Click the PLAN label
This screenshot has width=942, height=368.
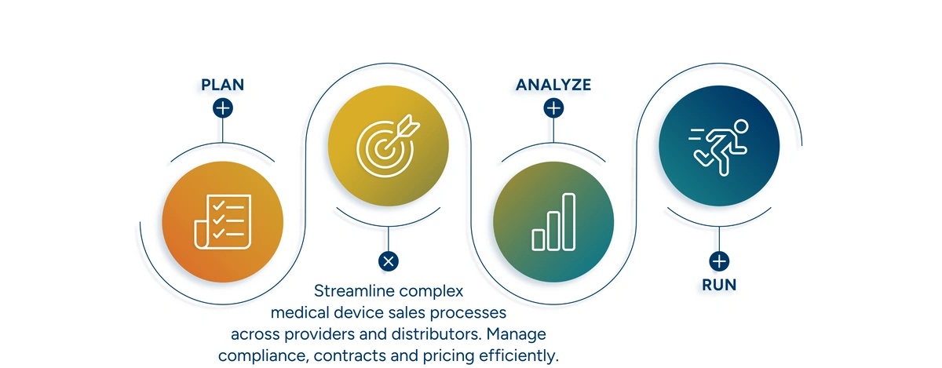222,85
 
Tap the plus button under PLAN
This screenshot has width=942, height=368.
223,108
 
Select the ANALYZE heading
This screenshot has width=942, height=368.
553,85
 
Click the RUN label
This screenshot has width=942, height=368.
719,285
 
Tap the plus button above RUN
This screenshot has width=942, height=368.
719,261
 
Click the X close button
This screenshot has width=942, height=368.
388,261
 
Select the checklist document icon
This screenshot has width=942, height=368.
222,221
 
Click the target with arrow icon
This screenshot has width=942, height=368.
388,145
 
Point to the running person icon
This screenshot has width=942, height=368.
718,148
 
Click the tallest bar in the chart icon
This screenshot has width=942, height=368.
568,221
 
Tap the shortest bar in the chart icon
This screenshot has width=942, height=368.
539,240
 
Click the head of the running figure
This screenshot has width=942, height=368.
741,126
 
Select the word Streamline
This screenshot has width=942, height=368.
354,291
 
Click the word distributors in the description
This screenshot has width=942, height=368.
436,334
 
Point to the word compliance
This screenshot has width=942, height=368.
264,356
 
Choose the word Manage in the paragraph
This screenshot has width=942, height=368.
516,334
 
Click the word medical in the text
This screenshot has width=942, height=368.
300,313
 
